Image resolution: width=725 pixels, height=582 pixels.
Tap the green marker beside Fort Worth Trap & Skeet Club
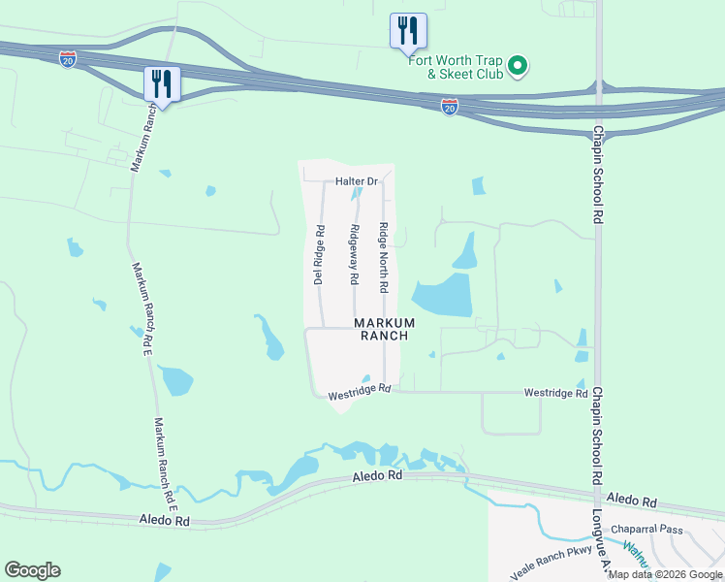tap(518, 66)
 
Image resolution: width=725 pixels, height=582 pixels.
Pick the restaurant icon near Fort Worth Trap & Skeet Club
tap(408, 31)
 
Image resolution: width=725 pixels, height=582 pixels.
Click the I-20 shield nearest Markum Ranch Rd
tap(67, 59)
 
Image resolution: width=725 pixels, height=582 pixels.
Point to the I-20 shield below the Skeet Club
tap(450, 107)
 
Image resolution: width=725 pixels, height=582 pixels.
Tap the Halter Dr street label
tap(356, 181)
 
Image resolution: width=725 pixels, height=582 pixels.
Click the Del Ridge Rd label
tap(317, 255)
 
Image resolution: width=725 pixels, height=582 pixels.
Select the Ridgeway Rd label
tap(355, 254)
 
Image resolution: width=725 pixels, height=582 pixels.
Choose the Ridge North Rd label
tap(384, 258)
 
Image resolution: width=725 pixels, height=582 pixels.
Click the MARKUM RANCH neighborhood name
tap(384, 329)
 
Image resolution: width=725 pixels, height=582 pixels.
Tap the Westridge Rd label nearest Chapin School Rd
tap(555, 393)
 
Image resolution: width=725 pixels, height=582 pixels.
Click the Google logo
tap(32, 570)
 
